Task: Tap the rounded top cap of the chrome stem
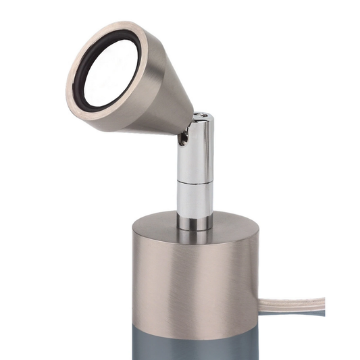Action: tap(201, 120)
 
